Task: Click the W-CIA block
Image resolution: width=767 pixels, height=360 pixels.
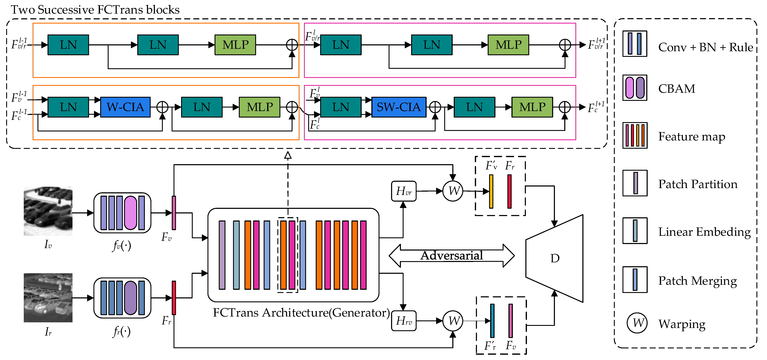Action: pos(125,107)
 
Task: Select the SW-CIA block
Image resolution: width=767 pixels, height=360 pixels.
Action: pos(399,107)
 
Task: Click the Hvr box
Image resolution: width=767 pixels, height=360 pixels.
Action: pos(404,191)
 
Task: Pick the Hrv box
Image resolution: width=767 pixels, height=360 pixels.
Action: pos(404,321)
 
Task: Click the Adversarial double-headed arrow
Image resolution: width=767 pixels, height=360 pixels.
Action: pos(451,255)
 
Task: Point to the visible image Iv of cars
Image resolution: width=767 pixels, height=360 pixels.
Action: pos(48,211)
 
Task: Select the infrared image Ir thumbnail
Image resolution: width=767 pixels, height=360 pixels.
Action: pos(48,298)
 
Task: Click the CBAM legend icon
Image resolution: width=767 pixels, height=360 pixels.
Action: pos(635,88)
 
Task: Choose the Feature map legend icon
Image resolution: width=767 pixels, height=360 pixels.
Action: pos(635,135)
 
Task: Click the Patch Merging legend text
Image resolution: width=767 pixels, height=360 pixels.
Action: pos(697,281)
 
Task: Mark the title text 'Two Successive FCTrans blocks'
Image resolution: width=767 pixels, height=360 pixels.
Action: pos(95,10)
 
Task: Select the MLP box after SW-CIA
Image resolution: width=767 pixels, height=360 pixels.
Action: pos(532,107)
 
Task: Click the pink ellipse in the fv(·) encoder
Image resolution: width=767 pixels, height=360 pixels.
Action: pos(130,213)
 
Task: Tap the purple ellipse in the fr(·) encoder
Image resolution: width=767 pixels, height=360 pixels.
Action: pos(130,298)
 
